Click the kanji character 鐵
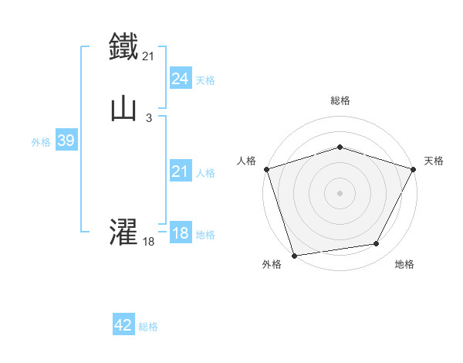coord(123,45)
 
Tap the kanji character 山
coord(123,109)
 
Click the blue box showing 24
coord(180,79)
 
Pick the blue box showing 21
coord(180,172)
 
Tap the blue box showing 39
coord(66,141)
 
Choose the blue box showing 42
coord(123,326)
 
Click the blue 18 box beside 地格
coord(180,234)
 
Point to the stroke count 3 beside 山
coord(148,118)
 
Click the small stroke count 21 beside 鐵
coord(149,56)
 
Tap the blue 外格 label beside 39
coord(40,142)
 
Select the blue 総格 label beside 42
coord(148,327)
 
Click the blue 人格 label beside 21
coord(205,173)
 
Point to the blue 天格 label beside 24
coord(205,80)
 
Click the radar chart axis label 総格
coord(340,100)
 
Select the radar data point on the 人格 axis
coord(266,168)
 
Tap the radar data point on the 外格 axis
coord(294,254)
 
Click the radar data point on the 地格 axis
coord(377,244)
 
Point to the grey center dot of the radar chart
coord(340,192)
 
